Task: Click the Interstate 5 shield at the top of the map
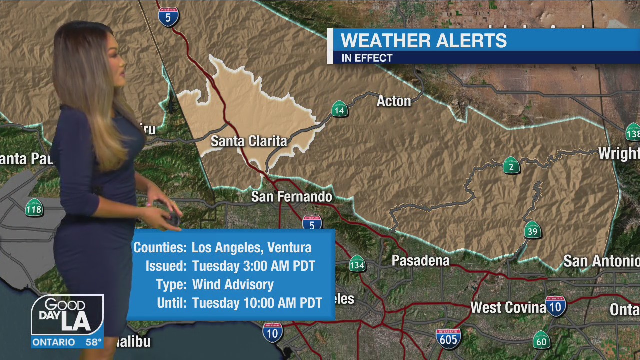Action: [168, 17]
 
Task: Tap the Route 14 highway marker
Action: [339, 109]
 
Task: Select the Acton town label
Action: [393, 101]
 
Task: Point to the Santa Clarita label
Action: [249, 141]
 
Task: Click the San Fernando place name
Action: [291, 196]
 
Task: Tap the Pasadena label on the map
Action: [420, 260]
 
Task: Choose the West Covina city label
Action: [508, 307]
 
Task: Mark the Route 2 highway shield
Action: [511, 166]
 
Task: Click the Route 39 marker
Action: [533, 230]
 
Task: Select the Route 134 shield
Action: [357, 264]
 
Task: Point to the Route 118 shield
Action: [34, 208]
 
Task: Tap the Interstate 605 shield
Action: [448, 338]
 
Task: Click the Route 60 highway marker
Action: [541, 341]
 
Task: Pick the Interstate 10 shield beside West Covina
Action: [555, 307]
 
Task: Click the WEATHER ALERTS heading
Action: [423, 41]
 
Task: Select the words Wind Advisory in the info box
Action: [233, 284]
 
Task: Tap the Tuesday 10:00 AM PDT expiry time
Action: [257, 303]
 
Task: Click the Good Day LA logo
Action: [67, 316]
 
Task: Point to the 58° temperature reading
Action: [93, 342]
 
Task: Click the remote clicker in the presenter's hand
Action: [173, 218]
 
